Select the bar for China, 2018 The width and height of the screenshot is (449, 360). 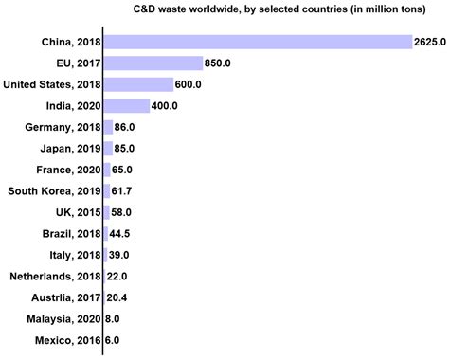(x=257, y=42)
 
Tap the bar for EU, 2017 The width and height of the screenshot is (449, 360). (x=152, y=63)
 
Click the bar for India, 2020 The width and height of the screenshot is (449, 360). (x=126, y=105)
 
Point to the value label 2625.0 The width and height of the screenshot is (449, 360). (x=429, y=42)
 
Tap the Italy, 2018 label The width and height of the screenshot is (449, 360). (x=69, y=255)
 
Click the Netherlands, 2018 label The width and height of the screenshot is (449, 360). (x=54, y=276)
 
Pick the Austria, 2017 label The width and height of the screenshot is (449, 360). (x=63, y=297)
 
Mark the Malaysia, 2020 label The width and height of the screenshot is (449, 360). (x=59, y=318)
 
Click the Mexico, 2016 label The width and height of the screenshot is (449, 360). (x=63, y=340)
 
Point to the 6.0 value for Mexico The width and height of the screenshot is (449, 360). (x=113, y=340)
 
